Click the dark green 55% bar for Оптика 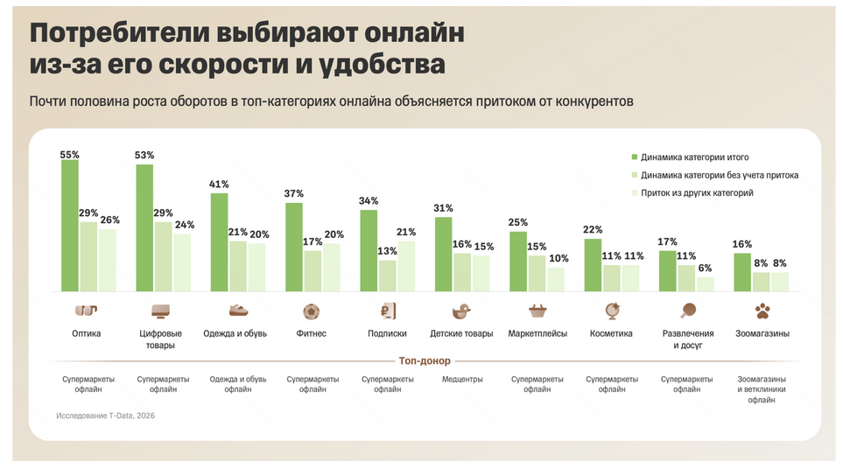pyautogui.click(x=69, y=226)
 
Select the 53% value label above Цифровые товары pyautogui.click(x=144, y=156)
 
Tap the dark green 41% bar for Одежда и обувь pyautogui.click(x=219, y=242)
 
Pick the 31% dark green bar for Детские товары pyautogui.click(x=444, y=254)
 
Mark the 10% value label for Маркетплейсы pyautogui.click(x=557, y=259)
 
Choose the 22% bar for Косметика pyautogui.click(x=594, y=265)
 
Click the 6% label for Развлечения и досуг pyautogui.click(x=706, y=269)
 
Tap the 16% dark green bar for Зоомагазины pyautogui.click(x=742, y=272)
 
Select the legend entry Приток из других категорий pyautogui.click(x=697, y=192)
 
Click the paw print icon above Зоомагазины pyautogui.click(x=762, y=311)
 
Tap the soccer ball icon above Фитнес pyautogui.click(x=312, y=311)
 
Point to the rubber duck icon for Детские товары pyautogui.click(x=462, y=311)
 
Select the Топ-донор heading pyautogui.click(x=425, y=360)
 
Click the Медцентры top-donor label pyautogui.click(x=461, y=380)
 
